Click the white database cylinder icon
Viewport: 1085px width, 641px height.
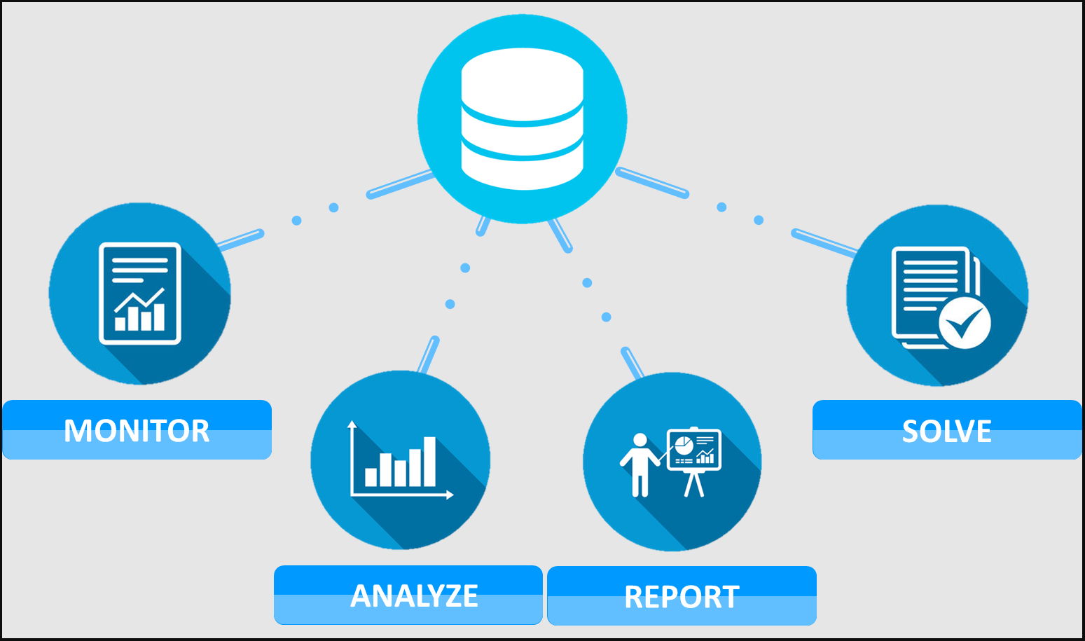click(x=523, y=119)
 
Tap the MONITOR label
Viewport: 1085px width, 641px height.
click(x=137, y=430)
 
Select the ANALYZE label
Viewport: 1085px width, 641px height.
click(x=414, y=595)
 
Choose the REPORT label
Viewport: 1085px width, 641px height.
click(x=682, y=596)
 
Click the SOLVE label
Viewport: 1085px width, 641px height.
click(x=946, y=430)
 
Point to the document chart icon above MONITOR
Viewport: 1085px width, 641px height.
click(x=140, y=294)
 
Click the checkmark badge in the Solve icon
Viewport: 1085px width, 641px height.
click(x=965, y=323)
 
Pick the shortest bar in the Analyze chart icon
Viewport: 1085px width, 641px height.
click(x=371, y=476)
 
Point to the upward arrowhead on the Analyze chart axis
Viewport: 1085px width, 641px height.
click(x=352, y=424)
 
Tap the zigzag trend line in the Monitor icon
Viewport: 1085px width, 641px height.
click(x=139, y=299)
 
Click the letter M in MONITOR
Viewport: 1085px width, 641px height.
click(x=78, y=431)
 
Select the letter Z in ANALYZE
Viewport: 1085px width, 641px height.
click(x=451, y=596)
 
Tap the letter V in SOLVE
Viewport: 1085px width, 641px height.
click(x=960, y=431)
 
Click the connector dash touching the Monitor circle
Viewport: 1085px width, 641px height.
click(x=240, y=239)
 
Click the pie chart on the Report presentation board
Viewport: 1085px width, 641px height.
click(x=684, y=445)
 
